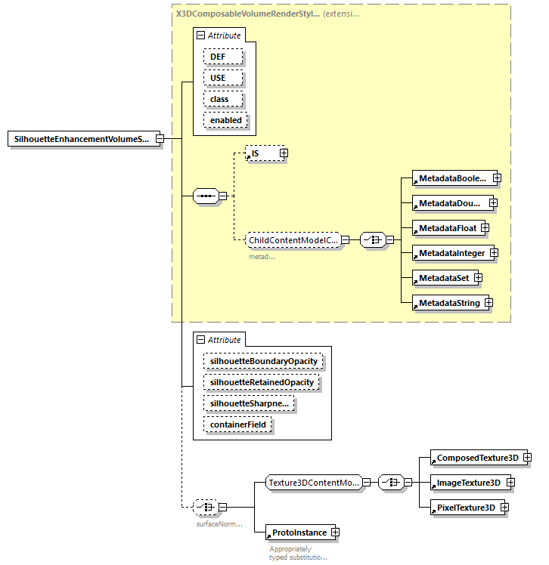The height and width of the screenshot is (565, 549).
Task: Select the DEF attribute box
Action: tap(223, 57)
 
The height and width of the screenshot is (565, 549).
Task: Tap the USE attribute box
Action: tap(223, 78)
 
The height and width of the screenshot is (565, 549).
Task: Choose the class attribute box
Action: tap(223, 99)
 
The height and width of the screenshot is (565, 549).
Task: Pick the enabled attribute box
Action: tap(225, 120)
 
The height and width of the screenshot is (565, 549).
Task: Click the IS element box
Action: tap(262, 153)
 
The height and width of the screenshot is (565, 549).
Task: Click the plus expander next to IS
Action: tap(284, 153)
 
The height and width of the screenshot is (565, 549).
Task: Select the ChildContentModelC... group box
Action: tap(291, 240)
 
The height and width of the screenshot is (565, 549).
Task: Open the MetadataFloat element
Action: tap(446, 227)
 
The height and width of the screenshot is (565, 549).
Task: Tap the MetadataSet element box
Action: tap(442, 278)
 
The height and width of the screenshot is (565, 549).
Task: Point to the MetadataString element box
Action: tap(448, 303)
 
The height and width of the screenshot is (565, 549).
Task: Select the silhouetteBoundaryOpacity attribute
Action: tap(264, 361)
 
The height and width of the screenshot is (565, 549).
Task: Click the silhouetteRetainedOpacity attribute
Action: tap(262, 382)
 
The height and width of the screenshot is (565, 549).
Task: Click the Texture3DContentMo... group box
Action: tap(313, 482)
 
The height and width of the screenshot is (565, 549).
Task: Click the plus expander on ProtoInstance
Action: tap(335, 533)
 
